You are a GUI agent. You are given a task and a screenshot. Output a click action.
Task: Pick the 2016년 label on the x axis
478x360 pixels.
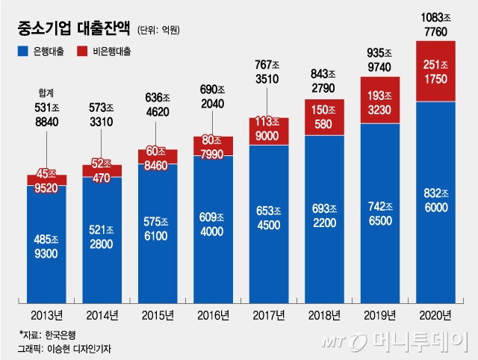[213, 314]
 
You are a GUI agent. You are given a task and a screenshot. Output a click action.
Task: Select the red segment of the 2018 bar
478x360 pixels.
[324, 120]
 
